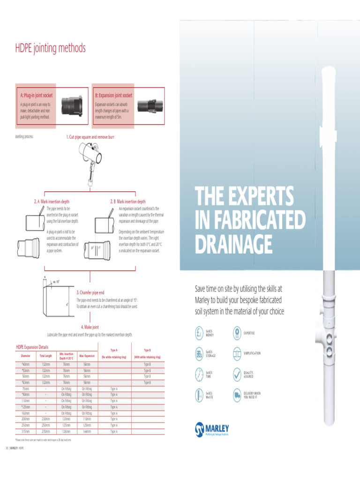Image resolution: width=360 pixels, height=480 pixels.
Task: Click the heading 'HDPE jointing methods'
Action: (51, 49)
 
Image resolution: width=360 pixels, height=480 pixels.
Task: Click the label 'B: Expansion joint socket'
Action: (113, 95)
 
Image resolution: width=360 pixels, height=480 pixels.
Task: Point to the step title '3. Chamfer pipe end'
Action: (93, 292)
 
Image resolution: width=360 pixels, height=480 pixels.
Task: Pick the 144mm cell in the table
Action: (87, 431)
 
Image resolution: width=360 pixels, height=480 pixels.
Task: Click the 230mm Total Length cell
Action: (45, 419)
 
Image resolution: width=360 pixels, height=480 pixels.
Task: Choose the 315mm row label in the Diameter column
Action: (25, 431)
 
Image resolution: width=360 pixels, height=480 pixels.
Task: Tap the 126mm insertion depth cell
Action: (66, 431)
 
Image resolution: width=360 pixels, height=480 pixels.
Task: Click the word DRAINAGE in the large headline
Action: (233, 244)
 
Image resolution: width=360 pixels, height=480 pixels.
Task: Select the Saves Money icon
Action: (199, 333)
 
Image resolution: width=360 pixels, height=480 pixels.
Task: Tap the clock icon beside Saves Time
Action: (199, 374)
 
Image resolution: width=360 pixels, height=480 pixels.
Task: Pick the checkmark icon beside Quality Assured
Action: (236, 374)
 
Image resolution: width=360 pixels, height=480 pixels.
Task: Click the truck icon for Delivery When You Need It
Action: (236, 395)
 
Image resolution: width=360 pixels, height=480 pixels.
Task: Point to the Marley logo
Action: (212, 428)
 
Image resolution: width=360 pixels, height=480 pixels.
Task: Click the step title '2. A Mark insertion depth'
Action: (52, 202)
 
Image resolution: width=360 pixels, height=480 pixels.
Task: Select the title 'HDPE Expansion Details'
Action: (32, 347)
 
